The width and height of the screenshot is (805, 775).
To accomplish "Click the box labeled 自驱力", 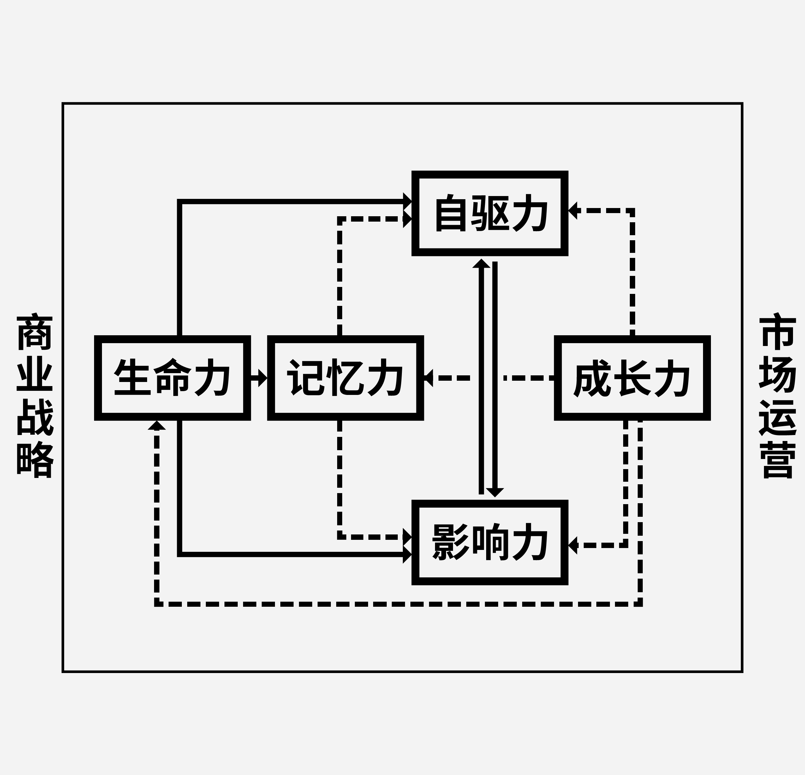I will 490,213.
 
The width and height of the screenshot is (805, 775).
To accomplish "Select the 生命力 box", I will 172,378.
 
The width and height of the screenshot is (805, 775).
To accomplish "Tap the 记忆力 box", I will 345,378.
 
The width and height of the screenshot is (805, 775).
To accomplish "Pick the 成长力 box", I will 633,378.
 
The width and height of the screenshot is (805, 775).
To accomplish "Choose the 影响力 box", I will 490,542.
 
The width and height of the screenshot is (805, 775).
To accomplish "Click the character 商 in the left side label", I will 34,332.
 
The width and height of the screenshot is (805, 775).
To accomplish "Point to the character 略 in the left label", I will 34,461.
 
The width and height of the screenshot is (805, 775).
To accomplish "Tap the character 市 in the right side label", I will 778,332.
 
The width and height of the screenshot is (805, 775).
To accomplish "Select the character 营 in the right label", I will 778,461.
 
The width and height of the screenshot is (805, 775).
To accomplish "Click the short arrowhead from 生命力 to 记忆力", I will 262,378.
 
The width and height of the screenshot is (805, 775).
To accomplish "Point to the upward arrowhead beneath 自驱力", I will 481,264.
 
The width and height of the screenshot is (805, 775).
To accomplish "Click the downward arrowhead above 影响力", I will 495,492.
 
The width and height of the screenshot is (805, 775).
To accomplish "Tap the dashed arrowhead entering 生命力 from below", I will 157,426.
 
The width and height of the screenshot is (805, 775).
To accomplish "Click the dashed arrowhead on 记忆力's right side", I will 429,378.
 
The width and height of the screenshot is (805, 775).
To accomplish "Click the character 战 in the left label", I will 34,417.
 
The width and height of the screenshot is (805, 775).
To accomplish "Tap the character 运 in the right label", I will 778,417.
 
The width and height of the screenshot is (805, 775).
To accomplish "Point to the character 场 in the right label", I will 778,375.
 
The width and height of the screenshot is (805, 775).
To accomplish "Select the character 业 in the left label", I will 34,375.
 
